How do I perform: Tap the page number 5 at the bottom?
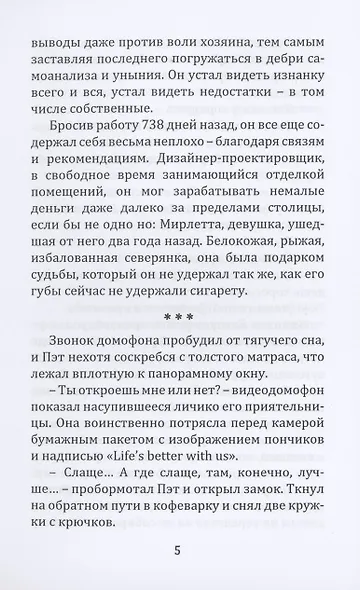point(180,549)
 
